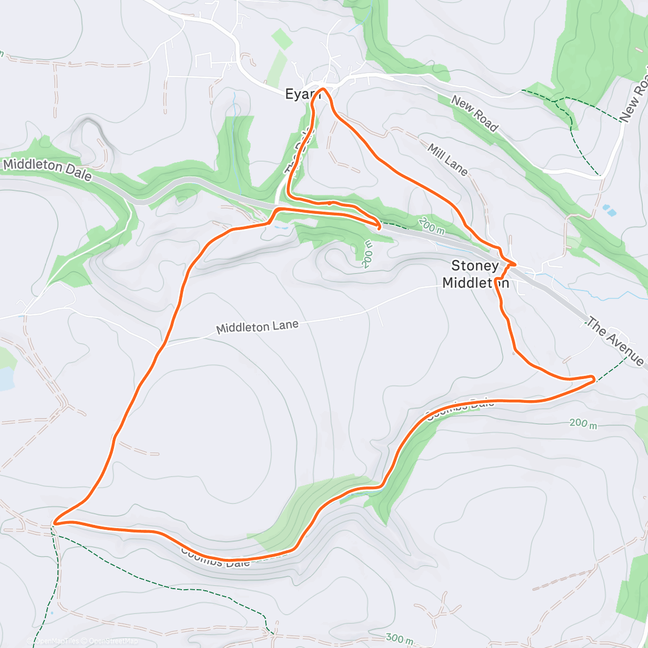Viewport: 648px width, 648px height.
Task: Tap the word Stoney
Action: [475, 266]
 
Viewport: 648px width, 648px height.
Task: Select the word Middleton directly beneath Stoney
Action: [475, 282]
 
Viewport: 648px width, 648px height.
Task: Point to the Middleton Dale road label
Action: [48, 169]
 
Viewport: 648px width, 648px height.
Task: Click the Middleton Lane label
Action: [257, 327]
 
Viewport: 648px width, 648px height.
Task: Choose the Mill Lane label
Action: [447, 159]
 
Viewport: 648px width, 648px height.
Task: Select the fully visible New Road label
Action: [474, 113]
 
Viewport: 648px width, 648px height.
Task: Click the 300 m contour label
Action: [400, 639]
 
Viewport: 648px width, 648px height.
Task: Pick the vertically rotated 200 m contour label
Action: [368, 254]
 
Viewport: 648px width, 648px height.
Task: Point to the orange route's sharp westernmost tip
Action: [54, 523]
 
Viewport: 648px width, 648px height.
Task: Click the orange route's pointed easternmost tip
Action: [595, 379]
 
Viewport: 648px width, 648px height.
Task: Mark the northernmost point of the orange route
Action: [322, 88]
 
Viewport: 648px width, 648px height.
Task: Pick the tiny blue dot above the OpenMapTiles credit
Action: [52, 613]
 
